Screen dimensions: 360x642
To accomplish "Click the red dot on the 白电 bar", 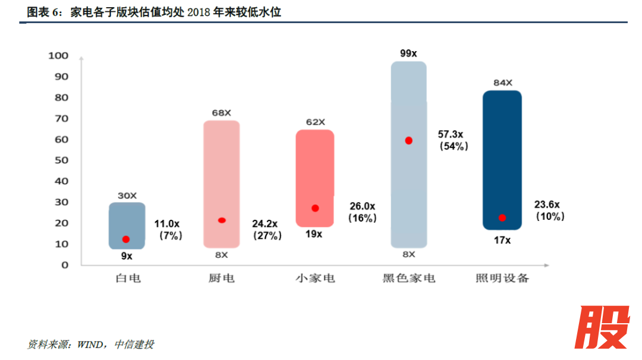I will (125, 239).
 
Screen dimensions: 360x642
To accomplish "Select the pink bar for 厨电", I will (221, 178).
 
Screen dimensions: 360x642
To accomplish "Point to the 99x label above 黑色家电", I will (408, 53).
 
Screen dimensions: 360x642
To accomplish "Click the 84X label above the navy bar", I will (502, 83).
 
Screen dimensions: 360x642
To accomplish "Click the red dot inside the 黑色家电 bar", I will (408, 141).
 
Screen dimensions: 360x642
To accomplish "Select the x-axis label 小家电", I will (315, 278).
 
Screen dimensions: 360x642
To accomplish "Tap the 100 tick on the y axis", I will (58, 56).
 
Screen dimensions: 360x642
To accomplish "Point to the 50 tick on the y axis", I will (62, 160).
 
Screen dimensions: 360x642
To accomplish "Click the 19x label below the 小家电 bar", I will (314, 234).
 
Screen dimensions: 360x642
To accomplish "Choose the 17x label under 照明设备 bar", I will (502, 241).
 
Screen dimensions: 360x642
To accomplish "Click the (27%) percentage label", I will (267, 236).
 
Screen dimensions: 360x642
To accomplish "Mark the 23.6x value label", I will (547, 204).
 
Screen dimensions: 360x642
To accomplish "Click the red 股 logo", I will (601, 327).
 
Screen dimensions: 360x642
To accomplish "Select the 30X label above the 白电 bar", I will (127, 195).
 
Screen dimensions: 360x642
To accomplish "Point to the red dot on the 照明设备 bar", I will (502, 218).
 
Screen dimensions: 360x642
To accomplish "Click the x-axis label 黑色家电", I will (408, 278).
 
